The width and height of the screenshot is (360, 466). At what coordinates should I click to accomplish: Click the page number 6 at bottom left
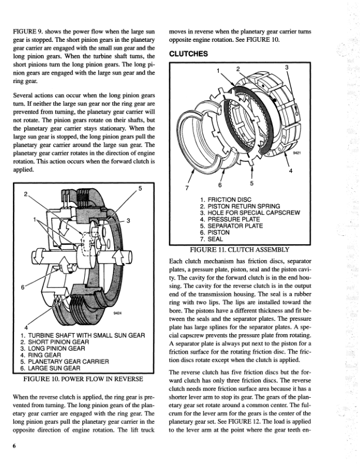[x=13, y=446]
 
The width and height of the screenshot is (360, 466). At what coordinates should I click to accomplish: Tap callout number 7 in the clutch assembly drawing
[x=187, y=188]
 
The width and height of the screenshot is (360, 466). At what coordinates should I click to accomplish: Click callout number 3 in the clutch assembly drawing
[x=286, y=67]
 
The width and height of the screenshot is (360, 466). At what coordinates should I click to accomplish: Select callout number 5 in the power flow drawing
[x=139, y=188]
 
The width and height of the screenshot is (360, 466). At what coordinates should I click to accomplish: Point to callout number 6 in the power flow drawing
[x=22, y=288]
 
